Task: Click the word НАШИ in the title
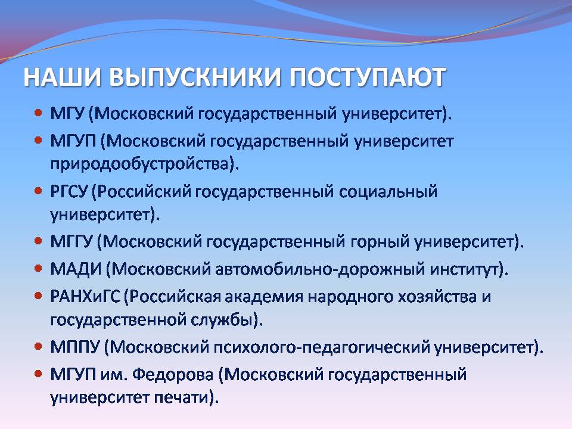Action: click(62, 77)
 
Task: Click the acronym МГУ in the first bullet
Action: click(67, 114)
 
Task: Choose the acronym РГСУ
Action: click(69, 191)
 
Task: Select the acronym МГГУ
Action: click(71, 241)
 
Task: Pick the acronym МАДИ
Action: click(76, 269)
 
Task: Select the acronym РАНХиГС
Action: click(85, 297)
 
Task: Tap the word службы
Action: click(222, 320)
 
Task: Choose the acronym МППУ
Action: click(75, 347)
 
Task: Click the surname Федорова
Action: click(173, 375)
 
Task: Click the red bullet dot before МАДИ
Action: click(38, 268)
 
